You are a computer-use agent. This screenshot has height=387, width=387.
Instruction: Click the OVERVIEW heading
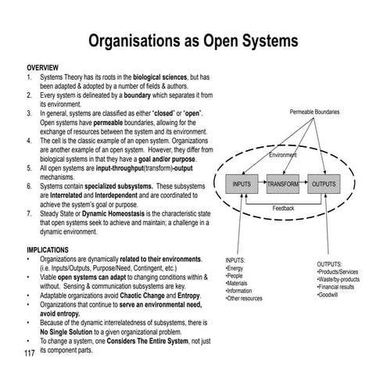(x=43, y=68)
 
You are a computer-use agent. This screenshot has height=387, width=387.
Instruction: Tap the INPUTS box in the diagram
(x=243, y=184)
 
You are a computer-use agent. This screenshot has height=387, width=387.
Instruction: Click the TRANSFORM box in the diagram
(x=283, y=184)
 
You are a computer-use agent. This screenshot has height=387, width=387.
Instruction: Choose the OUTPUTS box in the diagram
(x=323, y=184)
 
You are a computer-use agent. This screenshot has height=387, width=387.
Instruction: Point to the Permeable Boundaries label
(x=314, y=113)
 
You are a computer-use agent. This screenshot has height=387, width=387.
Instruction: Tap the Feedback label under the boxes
(x=283, y=209)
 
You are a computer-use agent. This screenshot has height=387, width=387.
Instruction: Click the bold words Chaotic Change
(x=157, y=296)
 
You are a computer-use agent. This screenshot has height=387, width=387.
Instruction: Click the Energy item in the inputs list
(x=235, y=268)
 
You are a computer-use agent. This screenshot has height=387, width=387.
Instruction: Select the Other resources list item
(x=244, y=299)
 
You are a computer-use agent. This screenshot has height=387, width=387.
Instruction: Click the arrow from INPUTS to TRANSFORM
(x=263, y=184)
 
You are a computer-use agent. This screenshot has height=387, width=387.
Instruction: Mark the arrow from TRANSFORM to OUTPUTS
(x=303, y=184)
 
